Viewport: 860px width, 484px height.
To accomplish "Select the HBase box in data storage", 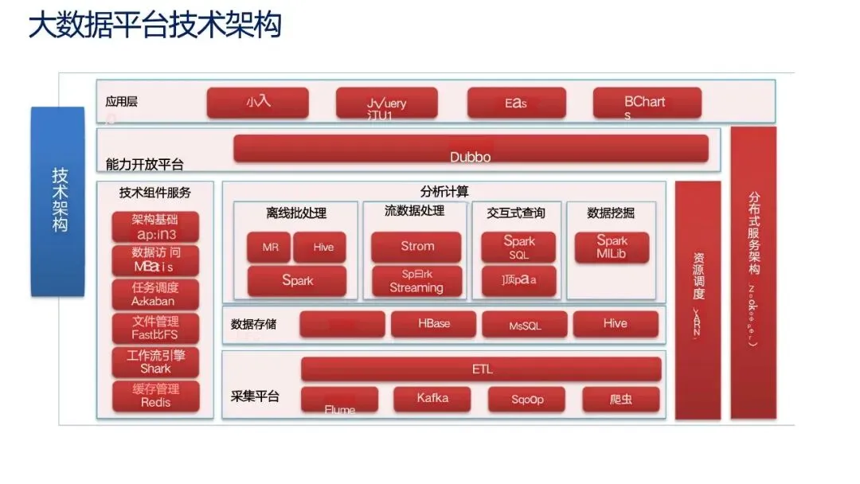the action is (433, 325).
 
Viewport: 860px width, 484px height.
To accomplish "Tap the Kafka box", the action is (432, 399).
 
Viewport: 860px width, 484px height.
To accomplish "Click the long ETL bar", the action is (481, 369).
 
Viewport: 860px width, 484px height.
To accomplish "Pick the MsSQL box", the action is (525, 325).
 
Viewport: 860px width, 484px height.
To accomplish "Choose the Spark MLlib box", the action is (612, 248).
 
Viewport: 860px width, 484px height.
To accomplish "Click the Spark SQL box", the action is (518, 248).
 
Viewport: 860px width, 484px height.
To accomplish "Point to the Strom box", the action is (416, 247).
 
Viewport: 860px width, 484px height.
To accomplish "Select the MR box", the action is (270, 248).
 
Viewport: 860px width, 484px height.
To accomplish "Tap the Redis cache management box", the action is (155, 396).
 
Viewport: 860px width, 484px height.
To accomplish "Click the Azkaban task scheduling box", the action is (155, 295).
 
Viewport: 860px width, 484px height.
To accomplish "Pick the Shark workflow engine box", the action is (155, 362).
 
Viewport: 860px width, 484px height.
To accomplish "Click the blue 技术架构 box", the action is (58, 201).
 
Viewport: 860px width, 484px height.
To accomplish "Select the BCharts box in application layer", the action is (647, 103).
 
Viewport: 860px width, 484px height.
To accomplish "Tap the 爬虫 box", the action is (620, 400).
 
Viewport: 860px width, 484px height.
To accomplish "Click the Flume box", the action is (339, 400).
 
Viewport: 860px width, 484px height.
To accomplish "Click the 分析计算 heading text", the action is (444, 191).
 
